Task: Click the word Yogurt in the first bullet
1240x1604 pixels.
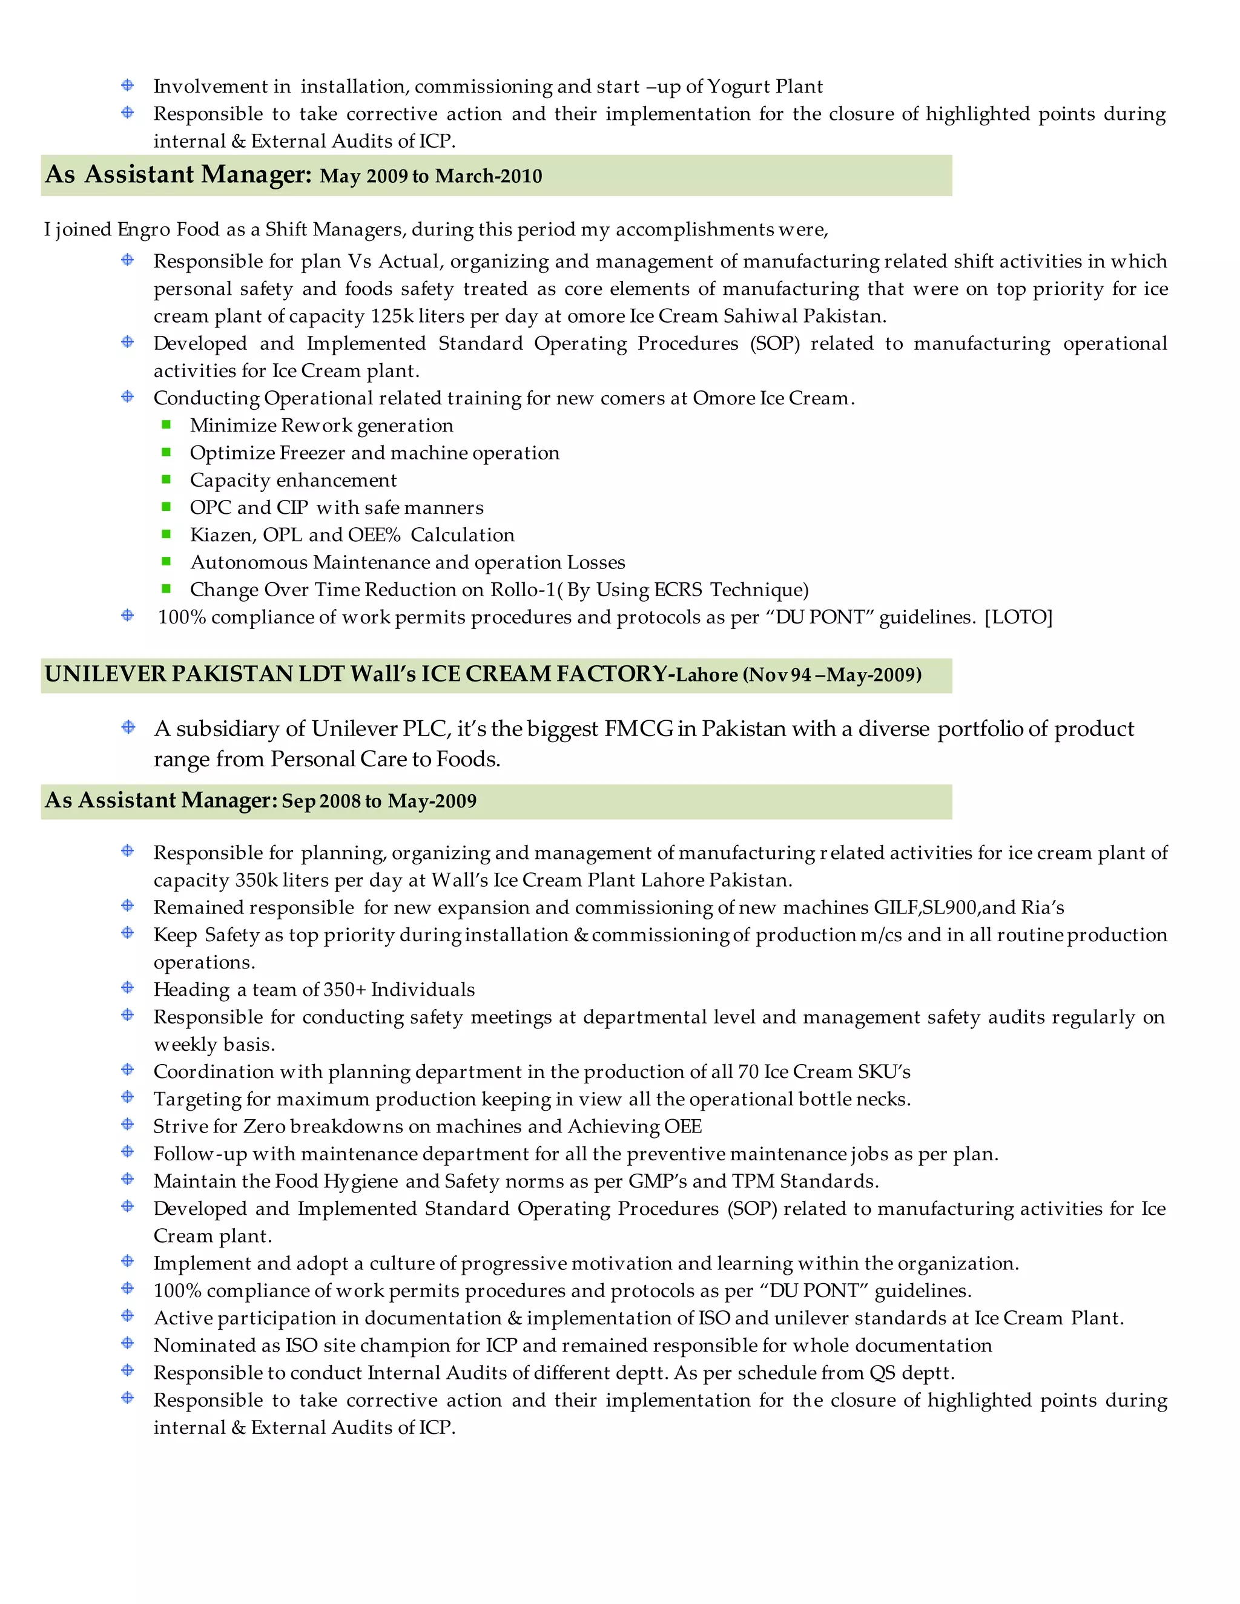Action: (738, 87)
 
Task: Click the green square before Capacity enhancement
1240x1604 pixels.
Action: (167, 479)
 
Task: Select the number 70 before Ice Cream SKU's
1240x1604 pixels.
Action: (748, 1073)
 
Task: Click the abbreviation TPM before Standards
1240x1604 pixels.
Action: (753, 1181)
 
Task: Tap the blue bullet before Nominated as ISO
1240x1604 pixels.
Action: (128, 1343)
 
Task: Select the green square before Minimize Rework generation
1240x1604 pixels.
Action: (167, 424)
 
